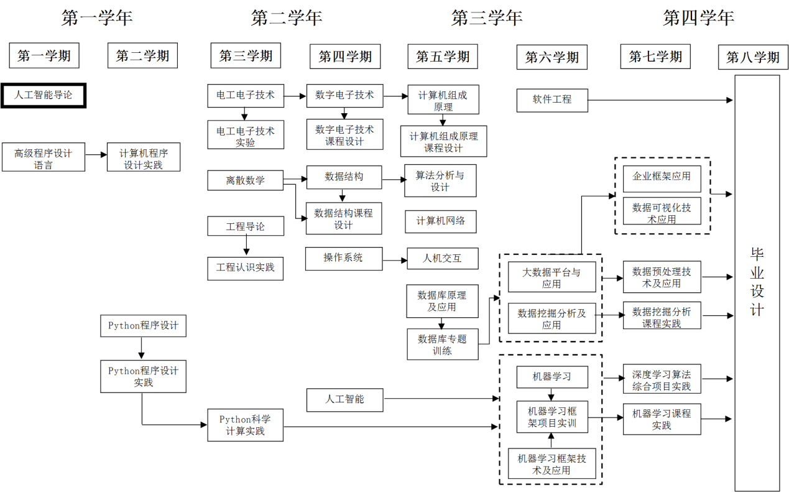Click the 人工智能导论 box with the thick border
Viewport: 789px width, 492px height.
[x=44, y=95]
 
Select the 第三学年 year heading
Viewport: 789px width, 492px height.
[x=487, y=17]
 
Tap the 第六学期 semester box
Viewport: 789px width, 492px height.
[x=552, y=57]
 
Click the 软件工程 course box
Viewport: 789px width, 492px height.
[x=552, y=100]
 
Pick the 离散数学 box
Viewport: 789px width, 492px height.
[x=245, y=180]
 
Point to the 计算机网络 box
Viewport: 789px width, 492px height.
[x=441, y=221]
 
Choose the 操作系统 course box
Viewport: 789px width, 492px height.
[x=344, y=259]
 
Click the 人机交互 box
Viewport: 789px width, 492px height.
[x=443, y=259]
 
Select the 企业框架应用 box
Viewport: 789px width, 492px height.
[x=662, y=179]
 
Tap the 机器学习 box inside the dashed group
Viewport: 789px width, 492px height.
[x=552, y=377]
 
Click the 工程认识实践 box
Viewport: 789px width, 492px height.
[x=245, y=269]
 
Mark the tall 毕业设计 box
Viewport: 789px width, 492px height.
[x=757, y=283]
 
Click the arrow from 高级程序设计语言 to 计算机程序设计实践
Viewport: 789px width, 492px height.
[x=96, y=155]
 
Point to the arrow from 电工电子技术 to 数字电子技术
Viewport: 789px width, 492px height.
[x=295, y=96]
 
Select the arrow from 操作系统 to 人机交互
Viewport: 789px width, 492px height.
[x=395, y=261]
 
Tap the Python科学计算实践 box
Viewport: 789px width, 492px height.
[x=245, y=425]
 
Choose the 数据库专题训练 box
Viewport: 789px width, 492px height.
[x=443, y=345]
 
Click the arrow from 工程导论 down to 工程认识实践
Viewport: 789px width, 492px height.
[x=247, y=245]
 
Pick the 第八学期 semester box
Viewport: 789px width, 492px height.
[x=753, y=57]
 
